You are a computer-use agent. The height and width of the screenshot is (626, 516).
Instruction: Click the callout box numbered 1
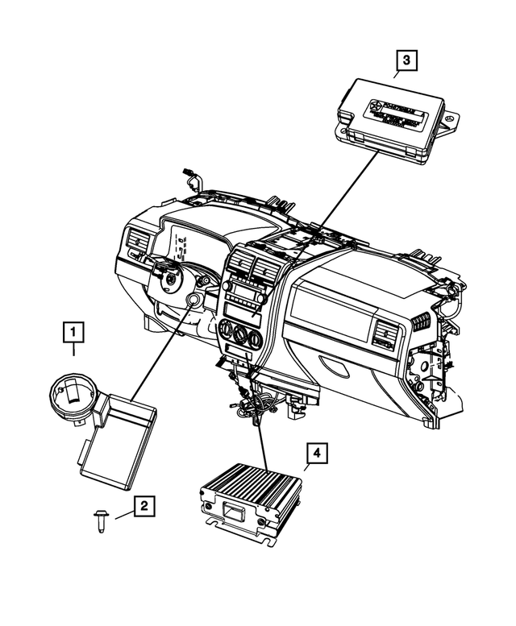tap(73, 331)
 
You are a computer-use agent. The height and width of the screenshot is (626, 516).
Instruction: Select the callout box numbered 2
tap(144, 506)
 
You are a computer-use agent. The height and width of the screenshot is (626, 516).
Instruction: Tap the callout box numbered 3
tap(406, 59)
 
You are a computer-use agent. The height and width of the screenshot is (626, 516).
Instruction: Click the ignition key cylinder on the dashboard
tap(195, 303)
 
